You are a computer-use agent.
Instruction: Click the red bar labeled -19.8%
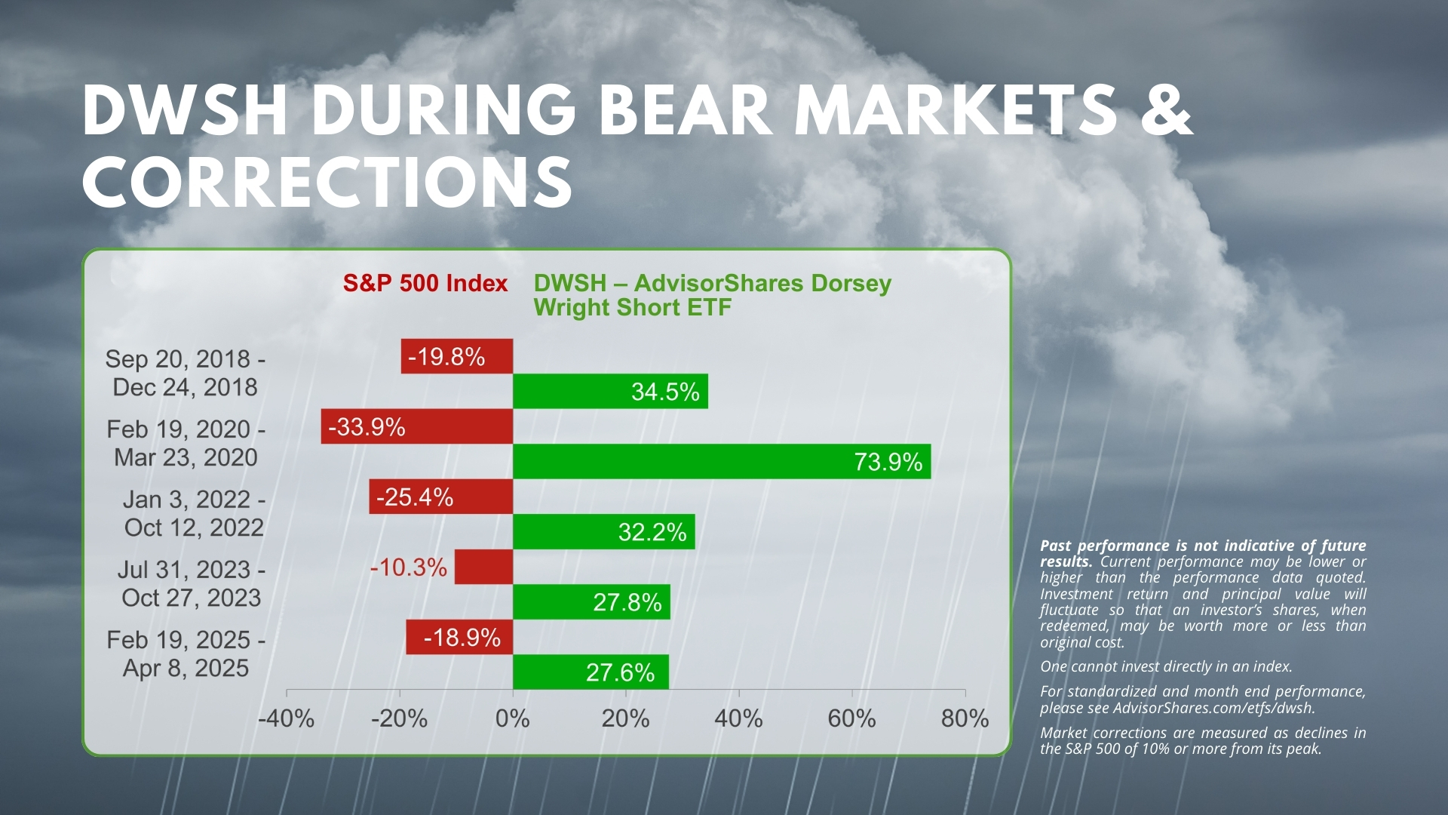pos(457,356)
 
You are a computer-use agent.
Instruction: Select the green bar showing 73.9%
pos(722,461)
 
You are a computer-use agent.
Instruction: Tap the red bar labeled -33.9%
pos(417,426)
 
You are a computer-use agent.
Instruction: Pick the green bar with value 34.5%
pos(610,391)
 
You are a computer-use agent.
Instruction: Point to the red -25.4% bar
pos(441,497)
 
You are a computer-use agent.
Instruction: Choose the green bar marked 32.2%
pos(604,531)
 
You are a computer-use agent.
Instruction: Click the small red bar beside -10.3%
pos(483,567)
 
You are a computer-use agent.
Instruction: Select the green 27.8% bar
pos(591,601)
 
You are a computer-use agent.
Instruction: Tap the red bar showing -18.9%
pos(459,637)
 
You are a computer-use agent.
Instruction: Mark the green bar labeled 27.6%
pos(591,672)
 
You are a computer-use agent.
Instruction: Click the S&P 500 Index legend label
pos(425,283)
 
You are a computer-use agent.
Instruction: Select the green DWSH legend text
pos(713,295)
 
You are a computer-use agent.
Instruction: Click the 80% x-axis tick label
pos(965,718)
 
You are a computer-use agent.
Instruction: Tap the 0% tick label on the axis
pos(513,718)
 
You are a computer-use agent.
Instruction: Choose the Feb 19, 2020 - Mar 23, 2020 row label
pos(186,443)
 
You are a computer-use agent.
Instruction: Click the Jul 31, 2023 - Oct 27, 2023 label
pos(192,583)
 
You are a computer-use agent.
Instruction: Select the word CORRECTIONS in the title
pos(327,182)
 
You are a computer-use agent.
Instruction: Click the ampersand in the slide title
pos(1166,110)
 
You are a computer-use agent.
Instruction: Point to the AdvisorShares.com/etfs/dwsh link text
pos(1214,708)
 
